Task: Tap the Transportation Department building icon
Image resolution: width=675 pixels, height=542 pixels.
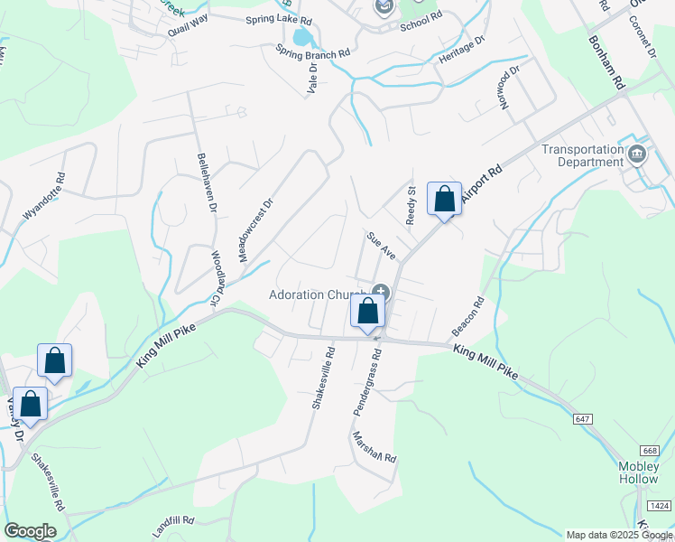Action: click(638, 153)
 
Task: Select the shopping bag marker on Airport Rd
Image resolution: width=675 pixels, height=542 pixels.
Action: click(444, 200)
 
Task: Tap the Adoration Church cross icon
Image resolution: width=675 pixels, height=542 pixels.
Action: click(381, 292)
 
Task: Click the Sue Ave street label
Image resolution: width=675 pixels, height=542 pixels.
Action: click(381, 245)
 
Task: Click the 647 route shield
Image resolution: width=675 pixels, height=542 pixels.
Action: click(583, 419)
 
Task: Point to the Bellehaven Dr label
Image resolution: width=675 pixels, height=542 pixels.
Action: click(206, 182)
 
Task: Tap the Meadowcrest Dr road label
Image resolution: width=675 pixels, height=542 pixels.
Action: click(254, 230)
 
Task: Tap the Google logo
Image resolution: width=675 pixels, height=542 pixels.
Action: click(30, 530)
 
